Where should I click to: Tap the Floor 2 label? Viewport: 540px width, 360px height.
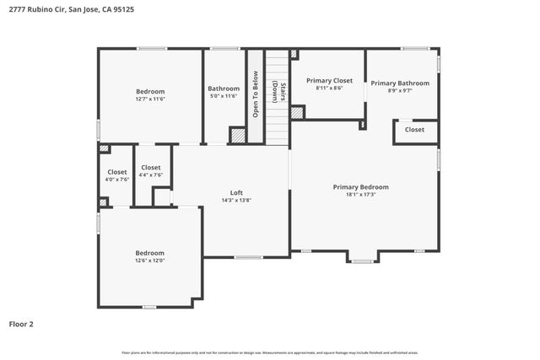21,323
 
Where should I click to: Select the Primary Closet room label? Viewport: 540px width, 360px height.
329,80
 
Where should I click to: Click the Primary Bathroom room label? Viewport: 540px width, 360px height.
400,83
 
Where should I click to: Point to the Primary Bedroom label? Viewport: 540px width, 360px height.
360,187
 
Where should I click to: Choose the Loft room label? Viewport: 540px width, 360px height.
237,192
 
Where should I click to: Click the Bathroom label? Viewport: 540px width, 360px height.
224,89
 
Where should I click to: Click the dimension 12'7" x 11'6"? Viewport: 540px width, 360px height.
150,99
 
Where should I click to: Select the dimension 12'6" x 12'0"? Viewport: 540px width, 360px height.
150,261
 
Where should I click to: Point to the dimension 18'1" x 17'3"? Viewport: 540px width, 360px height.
360,195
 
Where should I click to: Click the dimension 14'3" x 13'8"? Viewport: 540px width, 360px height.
237,200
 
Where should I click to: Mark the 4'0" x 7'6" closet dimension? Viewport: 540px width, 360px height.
117,180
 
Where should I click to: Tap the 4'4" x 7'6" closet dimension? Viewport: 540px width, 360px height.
151,175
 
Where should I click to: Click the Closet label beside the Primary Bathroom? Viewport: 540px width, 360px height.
414,130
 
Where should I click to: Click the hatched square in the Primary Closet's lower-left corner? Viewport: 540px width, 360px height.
297,112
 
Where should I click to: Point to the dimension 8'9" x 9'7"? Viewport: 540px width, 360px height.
400,90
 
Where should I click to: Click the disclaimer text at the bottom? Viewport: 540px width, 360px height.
270,352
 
